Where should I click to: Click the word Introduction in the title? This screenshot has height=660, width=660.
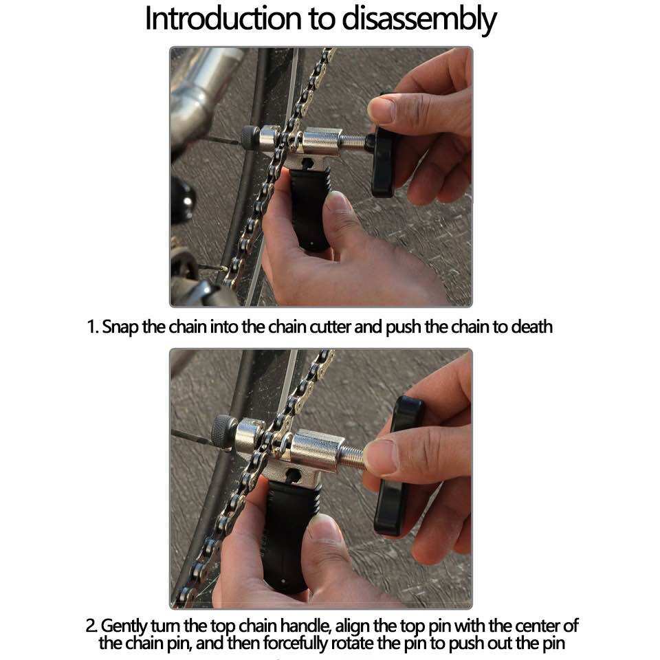(x=223, y=19)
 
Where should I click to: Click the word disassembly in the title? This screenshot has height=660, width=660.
(x=419, y=20)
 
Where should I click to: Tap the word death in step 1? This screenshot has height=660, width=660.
(x=531, y=327)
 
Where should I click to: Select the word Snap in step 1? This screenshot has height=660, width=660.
(x=120, y=327)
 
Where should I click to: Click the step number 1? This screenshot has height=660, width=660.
(x=91, y=327)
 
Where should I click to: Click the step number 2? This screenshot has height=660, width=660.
(x=91, y=626)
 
